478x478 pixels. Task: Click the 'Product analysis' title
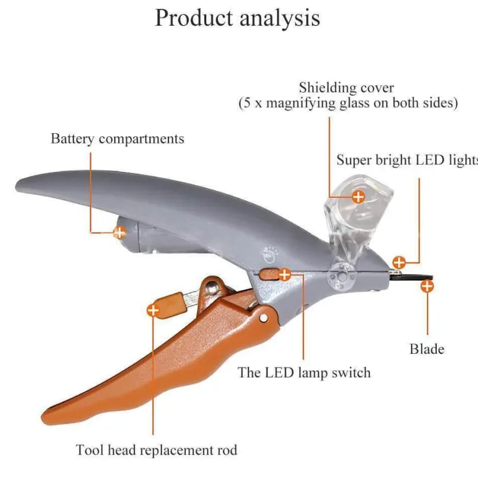click(237, 18)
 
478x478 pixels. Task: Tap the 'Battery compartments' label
click(117, 139)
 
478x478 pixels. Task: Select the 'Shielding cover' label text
click(347, 88)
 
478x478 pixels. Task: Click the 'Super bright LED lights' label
click(407, 160)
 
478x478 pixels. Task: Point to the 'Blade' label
click(427, 349)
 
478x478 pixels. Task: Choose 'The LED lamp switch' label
click(304, 372)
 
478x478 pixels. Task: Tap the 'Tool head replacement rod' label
click(157, 450)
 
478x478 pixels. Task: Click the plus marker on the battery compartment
click(119, 232)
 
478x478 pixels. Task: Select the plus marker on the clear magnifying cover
click(358, 197)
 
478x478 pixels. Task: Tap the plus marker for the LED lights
click(399, 262)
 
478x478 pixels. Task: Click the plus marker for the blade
click(427, 286)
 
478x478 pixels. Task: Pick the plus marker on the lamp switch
click(284, 275)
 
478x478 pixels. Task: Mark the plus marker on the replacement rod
click(153, 310)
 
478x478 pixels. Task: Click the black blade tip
click(431, 277)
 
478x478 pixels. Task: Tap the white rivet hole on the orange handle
click(263, 318)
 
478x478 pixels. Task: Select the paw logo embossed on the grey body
click(270, 255)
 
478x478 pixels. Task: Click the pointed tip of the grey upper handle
click(17, 186)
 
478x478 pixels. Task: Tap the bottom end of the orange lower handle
click(43, 417)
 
